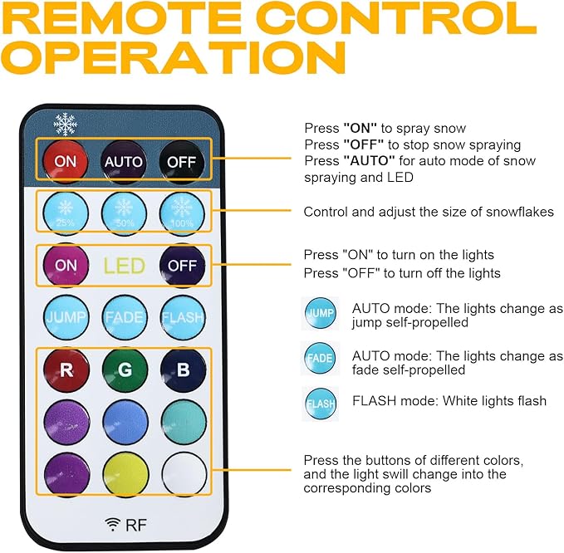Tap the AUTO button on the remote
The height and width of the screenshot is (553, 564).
click(x=124, y=161)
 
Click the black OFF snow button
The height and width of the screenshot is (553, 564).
click(x=182, y=162)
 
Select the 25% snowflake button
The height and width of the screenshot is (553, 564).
click(x=66, y=213)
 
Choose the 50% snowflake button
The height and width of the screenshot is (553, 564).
click(x=124, y=213)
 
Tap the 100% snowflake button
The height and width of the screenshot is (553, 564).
click(x=183, y=213)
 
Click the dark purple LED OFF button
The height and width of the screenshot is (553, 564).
click(x=183, y=266)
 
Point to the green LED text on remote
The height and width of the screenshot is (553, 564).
click(x=124, y=266)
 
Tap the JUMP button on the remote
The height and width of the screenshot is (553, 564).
click(x=66, y=317)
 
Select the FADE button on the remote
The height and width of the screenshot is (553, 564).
click(x=125, y=317)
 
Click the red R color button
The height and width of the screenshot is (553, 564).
click(x=66, y=369)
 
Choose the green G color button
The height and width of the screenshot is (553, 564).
click(x=125, y=369)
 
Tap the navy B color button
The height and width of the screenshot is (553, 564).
click(x=183, y=369)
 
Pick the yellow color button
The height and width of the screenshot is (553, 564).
click(x=125, y=474)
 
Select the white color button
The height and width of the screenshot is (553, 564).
click(x=184, y=474)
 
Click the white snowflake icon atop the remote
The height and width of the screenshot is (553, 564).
click(x=65, y=125)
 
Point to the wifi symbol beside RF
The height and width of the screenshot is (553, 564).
click(x=113, y=524)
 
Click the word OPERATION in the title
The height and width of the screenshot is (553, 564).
click(x=173, y=57)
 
